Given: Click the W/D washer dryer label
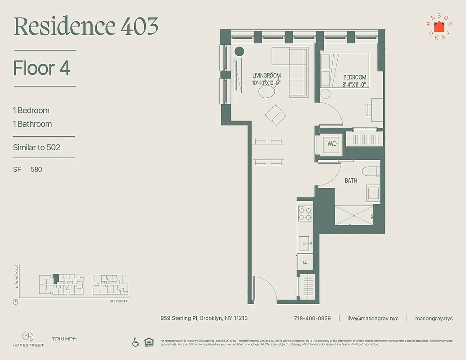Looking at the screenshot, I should click(x=332, y=144).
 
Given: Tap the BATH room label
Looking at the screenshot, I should click(x=351, y=180).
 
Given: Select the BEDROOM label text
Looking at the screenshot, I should click(x=354, y=77).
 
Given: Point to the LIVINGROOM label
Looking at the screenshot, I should click(x=266, y=76).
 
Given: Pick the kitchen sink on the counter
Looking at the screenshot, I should click(x=305, y=243).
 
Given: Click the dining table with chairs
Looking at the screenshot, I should click(x=268, y=151).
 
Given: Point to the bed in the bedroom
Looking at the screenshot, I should click(x=344, y=70).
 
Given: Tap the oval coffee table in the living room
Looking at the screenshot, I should click(x=266, y=92).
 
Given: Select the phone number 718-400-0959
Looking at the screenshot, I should click(x=312, y=318).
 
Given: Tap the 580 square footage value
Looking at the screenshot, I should click(x=36, y=169).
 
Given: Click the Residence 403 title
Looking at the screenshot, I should click(x=86, y=27).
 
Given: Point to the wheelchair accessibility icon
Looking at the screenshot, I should click(x=136, y=342).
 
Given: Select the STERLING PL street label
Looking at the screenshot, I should click(x=119, y=301).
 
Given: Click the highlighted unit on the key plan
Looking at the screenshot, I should click(x=56, y=279).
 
